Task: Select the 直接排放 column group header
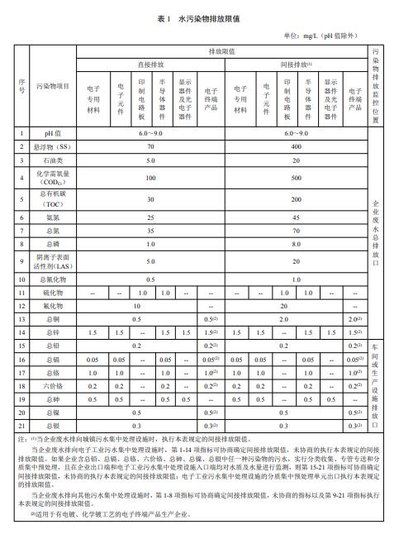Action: coord(150,64)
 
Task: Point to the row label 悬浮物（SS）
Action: coord(53,146)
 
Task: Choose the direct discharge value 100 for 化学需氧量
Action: coord(150,178)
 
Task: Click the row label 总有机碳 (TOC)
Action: coord(53,199)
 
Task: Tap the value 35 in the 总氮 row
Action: coord(150,231)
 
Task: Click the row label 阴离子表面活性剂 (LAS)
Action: coord(53,261)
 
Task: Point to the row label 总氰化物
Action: coord(53,280)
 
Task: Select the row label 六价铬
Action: coord(53,386)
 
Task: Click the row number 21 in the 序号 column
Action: coord(22,425)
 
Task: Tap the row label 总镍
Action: coord(53,412)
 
